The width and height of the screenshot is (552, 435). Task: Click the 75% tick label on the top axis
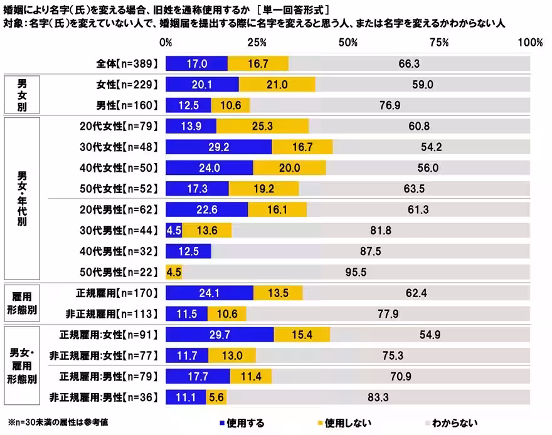[440, 43]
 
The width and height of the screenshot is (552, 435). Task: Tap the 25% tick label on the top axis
[257, 43]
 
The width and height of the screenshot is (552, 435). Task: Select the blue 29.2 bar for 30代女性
[218, 147]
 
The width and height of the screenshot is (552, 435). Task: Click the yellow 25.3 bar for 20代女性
[262, 126]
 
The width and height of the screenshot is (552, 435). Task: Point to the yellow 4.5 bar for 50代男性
[174, 273]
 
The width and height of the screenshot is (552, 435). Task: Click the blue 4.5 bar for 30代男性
[174, 231]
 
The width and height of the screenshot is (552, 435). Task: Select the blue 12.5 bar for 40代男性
[188, 251]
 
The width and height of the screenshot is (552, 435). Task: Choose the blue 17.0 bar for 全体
[196, 63]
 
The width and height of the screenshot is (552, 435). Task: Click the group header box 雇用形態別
[22, 303]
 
